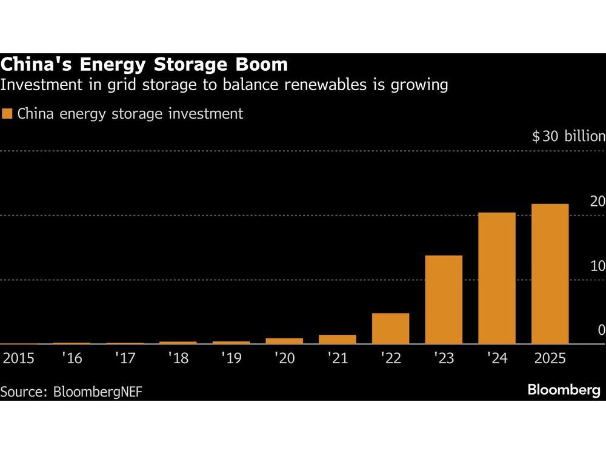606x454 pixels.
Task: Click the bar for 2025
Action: click(x=550, y=274)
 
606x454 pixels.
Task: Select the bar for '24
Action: click(x=497, y=278)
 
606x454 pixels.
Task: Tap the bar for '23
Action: click(x=444, y=300)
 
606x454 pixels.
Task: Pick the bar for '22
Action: click(x=391, y=328)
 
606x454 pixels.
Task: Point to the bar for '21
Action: click(x=338, y=340)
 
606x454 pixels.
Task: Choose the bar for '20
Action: click(x=284, y=341)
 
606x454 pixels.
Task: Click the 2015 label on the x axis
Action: click(x=18, y=358)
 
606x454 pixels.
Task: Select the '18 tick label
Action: click(x=178, y=358)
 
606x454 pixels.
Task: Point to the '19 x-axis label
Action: click(x=231, y=358)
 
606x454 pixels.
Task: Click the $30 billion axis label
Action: click(x=568, y=136)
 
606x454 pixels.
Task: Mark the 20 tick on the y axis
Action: click(x=597, y=202)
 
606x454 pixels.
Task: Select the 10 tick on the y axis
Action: click(x=597, y=266)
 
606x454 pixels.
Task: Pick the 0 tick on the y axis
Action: click(x=601, y=331)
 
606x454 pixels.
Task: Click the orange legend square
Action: click(x=7, y=114)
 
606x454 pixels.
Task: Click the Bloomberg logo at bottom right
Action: click(x=564, y=390)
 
